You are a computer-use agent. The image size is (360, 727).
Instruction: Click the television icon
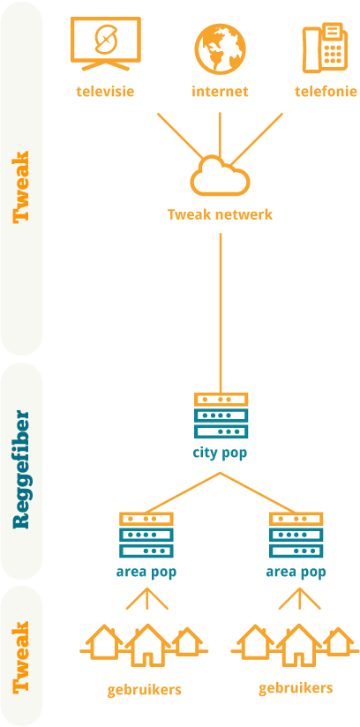[105, 43]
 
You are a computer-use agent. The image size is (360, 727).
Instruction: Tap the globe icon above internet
[220, 49]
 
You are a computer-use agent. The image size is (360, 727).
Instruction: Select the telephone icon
[325, 49]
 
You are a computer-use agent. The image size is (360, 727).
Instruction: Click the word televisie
[105, 92]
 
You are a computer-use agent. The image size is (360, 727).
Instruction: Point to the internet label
[220, 92]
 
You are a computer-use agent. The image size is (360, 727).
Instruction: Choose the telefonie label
[326, 92]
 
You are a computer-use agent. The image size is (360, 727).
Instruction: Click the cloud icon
[220, 176]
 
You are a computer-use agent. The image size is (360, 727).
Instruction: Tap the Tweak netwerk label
[220, 215]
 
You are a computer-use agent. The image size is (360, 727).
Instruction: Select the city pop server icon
[221, 415]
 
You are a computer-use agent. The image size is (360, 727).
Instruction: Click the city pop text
[220, 453]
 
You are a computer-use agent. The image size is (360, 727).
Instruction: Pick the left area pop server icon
[146, 535]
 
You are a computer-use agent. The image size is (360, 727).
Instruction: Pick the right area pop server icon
[296, 535]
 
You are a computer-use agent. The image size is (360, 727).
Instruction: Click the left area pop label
[146, 572]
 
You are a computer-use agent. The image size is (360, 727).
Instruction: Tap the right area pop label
[296, 572]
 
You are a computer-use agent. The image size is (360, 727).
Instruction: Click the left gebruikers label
[145, 691]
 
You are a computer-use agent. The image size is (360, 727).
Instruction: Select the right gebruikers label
[296, 688]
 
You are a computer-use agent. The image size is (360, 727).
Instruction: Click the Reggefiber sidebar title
[21, 469]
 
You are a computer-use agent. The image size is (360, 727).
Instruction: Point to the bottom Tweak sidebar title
[21, 657]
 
